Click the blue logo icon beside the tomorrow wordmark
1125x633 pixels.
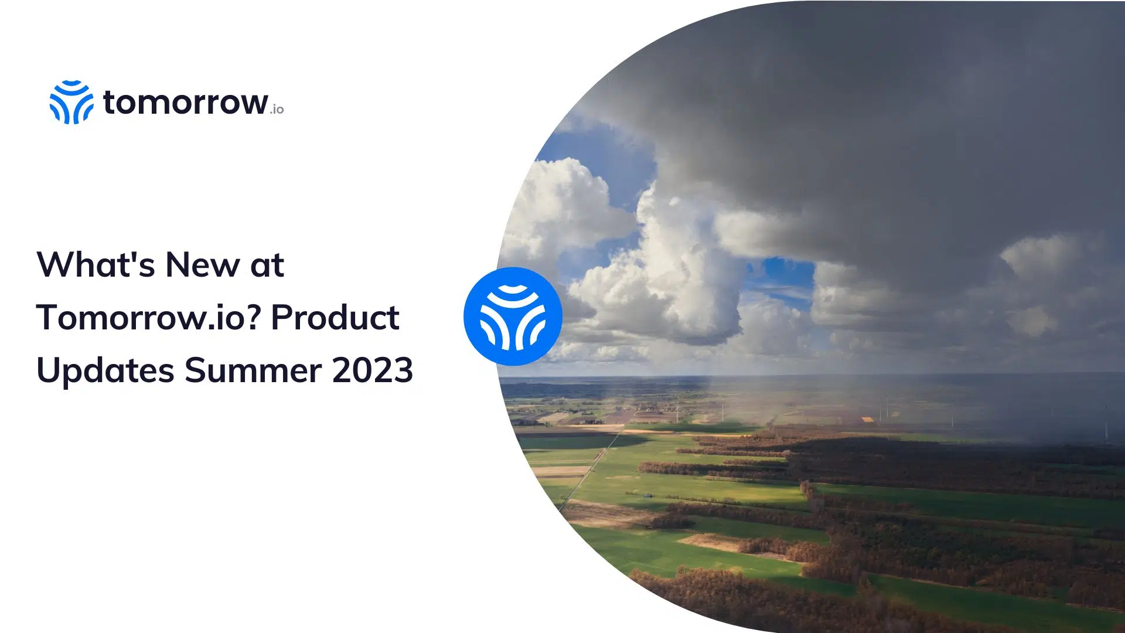(71, 102)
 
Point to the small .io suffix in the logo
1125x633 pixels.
(277, 109)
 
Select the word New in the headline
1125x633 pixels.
(203, 264)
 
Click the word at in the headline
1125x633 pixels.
(267, 266)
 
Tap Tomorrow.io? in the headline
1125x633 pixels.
(148, 317)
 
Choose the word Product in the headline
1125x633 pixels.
(335, 317)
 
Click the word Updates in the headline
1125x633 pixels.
(105, 371)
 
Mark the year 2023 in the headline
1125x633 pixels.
(373, 370)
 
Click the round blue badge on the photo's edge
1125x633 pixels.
(513, 316)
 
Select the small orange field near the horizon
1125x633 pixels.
(867, 419)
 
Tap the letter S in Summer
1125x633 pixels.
(196, 370)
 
